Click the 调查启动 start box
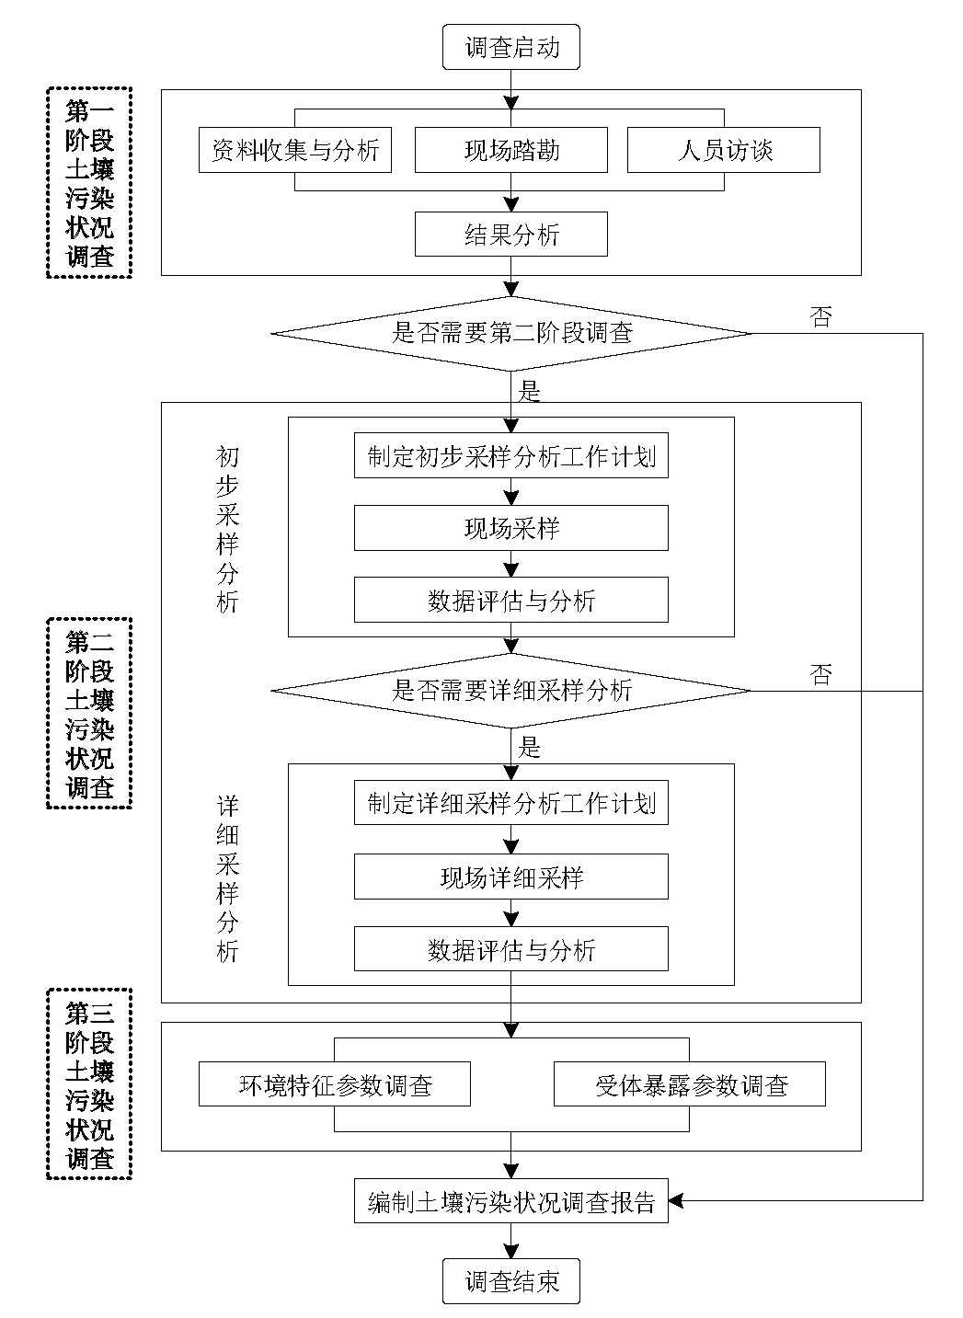pos(511,47)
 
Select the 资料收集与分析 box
pos(295,150)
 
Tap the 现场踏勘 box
pos(511,150)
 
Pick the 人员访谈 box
pos(724,150)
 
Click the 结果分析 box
pos(511,235)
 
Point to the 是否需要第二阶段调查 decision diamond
pos(511,333)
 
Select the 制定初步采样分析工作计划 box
pos(511,456)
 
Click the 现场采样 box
pos(511,529)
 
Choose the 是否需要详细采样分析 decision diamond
pos(511,691)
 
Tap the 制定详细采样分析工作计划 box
pos(511,803)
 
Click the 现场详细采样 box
pos(511,877)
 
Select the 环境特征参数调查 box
pos(335,1085)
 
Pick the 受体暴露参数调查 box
pos(690,1085)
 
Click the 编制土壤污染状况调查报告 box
pos(511,1201)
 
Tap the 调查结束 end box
pos(511,1281)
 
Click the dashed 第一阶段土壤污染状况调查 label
pos(89,183)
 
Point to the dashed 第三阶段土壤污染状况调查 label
pos(89,1085)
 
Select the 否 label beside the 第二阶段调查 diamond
pos(820,317)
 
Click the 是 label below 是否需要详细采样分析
pos(530,747)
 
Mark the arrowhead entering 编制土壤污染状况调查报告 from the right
pos(676,1201)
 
